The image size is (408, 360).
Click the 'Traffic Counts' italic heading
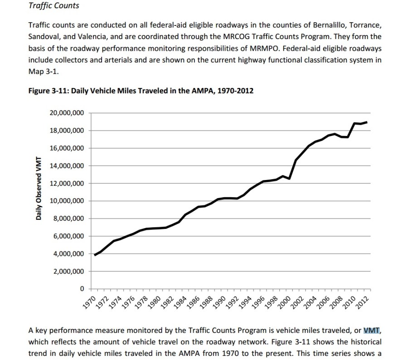click(53, 6)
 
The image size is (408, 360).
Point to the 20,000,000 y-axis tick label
click(67, 113)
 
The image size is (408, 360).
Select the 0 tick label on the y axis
click(82, 289)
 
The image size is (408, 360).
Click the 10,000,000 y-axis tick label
click(67, 201)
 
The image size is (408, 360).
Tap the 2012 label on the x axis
click(362, 301)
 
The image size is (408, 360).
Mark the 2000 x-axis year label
click(284, 301)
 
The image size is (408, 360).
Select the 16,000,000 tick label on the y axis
click(67, 148)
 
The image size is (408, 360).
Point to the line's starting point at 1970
click(95, 255)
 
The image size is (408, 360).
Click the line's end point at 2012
click(366, 122)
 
